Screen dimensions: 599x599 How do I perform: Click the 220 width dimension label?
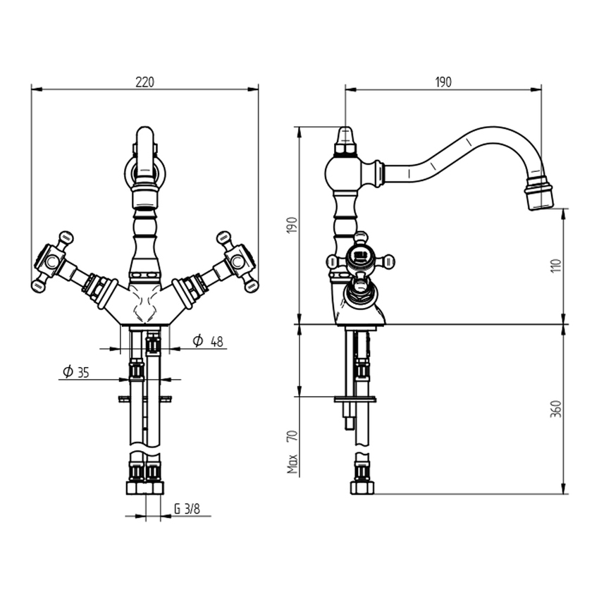144,82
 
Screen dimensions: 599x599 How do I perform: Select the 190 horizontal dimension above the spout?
443,82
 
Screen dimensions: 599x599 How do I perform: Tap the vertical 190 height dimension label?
292,225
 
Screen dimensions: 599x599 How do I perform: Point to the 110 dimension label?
556,266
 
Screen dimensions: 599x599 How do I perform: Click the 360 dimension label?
556,409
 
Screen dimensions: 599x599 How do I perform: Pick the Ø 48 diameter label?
208,341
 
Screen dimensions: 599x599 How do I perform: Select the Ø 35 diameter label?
76,371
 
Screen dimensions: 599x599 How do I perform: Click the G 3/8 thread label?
187,509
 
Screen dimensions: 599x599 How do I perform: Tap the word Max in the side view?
292,464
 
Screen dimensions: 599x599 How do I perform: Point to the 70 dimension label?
292,436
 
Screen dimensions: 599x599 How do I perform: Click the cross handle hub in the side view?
359,254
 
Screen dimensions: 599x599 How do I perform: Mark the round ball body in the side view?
342,173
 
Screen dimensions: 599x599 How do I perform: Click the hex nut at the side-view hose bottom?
362,488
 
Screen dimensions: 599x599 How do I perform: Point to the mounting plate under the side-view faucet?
355,400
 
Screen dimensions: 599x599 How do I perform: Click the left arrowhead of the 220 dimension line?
37,89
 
